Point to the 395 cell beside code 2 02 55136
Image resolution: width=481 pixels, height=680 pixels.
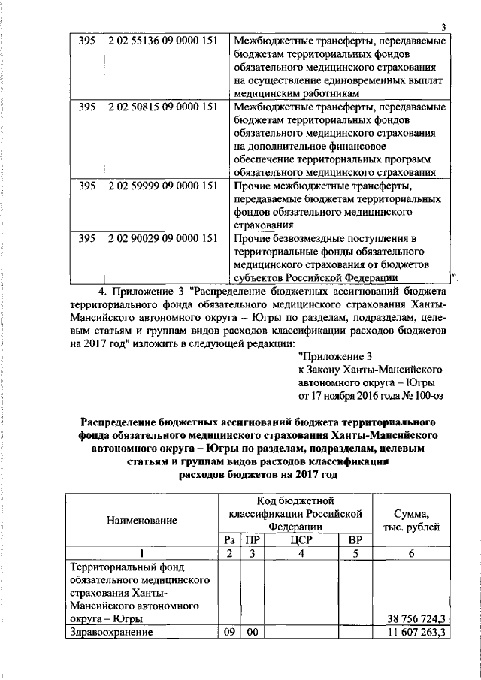tap(86, 41)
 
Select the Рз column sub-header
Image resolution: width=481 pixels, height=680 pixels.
tap(229, 540)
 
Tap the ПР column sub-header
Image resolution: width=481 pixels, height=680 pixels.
tap(253, 540)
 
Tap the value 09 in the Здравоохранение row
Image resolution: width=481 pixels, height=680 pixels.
tap(229, 633)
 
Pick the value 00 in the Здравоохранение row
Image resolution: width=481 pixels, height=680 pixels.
tap(253, 633)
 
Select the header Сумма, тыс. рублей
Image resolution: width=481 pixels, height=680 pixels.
tap(411, 520)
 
